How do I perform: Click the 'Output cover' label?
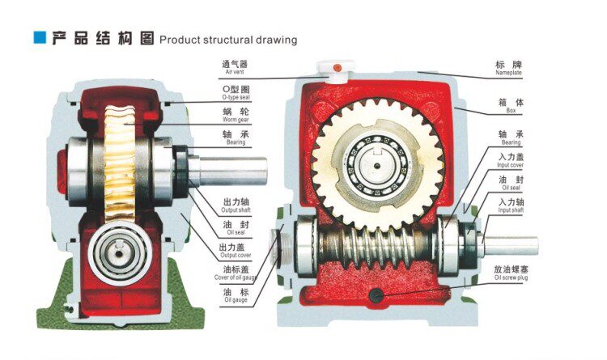235,251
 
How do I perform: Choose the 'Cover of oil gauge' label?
235,273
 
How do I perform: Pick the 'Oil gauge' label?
235,295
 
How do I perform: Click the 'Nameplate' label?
508,68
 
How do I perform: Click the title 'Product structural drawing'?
228,40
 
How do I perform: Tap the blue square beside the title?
38,37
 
